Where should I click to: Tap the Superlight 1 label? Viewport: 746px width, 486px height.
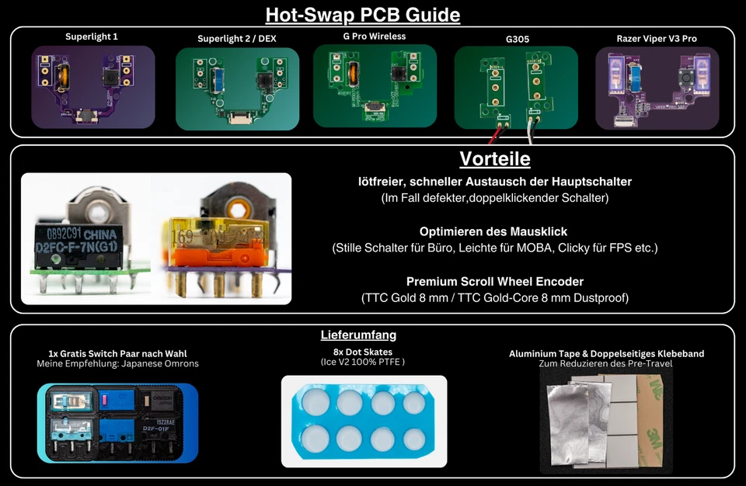pyautogui.click(x=92, y=36)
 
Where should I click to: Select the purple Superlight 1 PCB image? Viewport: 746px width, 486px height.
pyautogui.click(x=92, y=86)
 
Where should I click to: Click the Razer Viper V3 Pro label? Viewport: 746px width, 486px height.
pyautogui.click(x=657, y=38)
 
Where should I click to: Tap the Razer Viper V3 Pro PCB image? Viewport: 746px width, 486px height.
pyautogui.click(x=657, y=88)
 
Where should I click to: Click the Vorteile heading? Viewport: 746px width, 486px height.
pyautogui.click(x=495, y=159)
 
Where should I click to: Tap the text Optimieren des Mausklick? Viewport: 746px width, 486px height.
pyautogui.click(x=493, y=231)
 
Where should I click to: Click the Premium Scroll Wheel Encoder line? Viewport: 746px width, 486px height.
pyautogui.click(x=494, y=281)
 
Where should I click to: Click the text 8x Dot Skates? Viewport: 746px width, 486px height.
pyautogui.click(x=364, y=352)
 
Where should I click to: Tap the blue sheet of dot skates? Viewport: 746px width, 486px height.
pyautogui.click(x=364, y=418)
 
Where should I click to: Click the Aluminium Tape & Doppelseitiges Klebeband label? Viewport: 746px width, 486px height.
pyautogui.click(x=606, y=353)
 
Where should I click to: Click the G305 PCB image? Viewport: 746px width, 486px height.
pyautogui.click(x=515, y=87)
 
